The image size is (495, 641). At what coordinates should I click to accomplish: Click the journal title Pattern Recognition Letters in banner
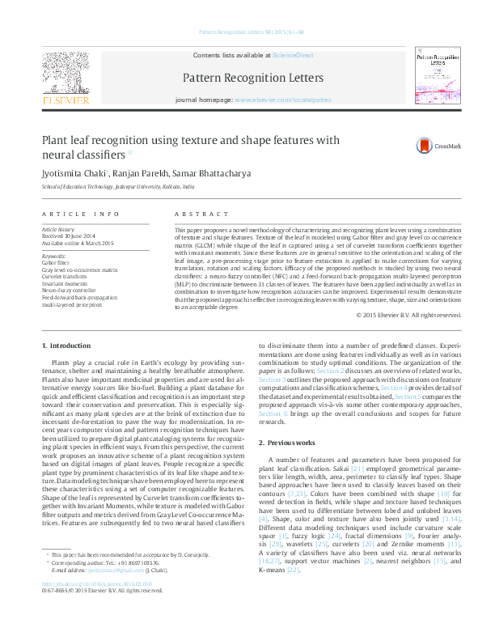pos(253,78)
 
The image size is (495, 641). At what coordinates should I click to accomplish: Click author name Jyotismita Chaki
pos(67,172)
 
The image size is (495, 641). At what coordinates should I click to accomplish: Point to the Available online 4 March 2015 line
pos(78,243)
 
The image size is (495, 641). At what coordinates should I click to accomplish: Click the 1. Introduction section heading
pos(66,346)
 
